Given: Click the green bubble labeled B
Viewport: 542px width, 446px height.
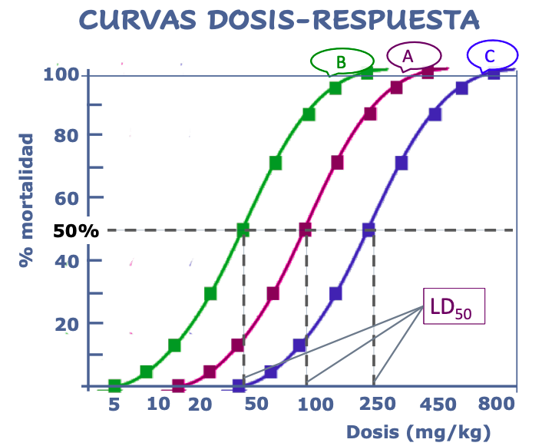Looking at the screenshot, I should (x=341, y=61).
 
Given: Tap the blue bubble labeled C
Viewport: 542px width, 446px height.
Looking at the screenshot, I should (x=492, y=55).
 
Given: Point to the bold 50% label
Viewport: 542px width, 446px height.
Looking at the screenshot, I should (x=76, y=230).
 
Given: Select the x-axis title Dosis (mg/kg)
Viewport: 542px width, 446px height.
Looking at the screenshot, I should (x=418, y=431).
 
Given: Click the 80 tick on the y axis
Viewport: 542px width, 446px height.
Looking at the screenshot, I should (x=68, y=135).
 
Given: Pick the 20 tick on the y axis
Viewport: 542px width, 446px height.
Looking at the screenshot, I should (x=68, y=324).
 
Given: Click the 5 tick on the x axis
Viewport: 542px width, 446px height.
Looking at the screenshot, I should (x=114, y=405).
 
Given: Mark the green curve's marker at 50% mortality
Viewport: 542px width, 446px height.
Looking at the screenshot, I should (x=243, y=229).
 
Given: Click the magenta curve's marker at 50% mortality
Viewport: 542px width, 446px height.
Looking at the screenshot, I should (x=305, y=229).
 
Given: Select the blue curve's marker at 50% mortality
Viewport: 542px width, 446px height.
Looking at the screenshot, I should (x=368, y=229).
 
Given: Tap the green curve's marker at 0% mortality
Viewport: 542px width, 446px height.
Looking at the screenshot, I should (x=114, y=385).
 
